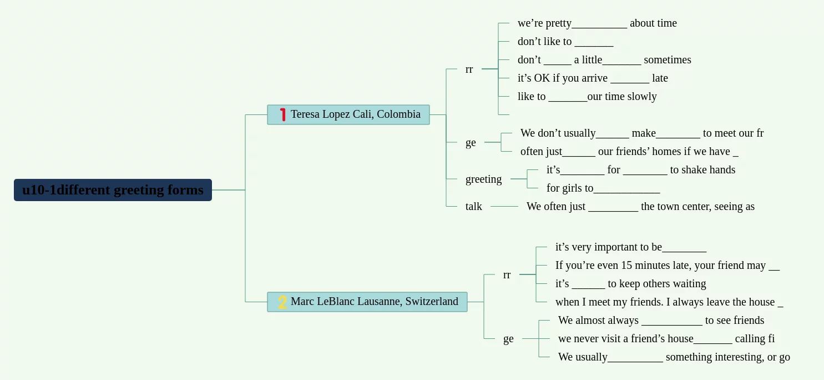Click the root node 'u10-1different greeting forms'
pyautogui.click(x=113, y=190)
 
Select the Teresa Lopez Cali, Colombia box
pyautogui.click(x=348, y=114)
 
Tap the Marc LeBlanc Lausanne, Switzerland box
pyautogui.click(x=367, y=302)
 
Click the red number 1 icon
pyautogui.click(x=283, y=114)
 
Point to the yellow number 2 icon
pyautogui.click(x=282, y=302)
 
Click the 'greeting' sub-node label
pyautogui.click(x=483, y=179)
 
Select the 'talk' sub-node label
pyautogui.click(x=473, y=206)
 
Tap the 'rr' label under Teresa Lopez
pyautogui.click(x=469, y=69)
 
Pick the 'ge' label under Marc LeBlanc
pyautogui.click(x=508, y=338)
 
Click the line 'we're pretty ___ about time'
pyautogui.click(x=596, y=23)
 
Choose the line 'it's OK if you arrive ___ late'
pyautogui.click(x=592, y=78)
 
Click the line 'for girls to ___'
pyautogui.click(x=603, y=188)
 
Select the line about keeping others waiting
pyautogui.click(x=630, y=283)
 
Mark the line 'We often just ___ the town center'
pyautogui.click(x=640, y=206)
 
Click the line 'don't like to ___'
pyautogui.click(x=565, y=41)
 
